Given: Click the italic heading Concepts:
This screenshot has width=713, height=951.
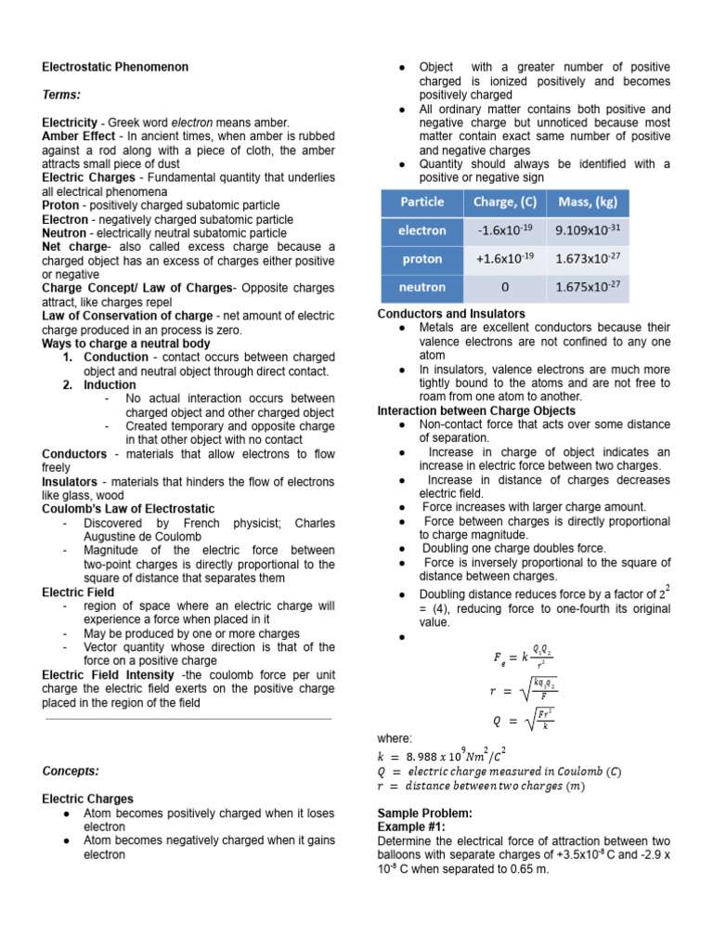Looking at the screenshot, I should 73,771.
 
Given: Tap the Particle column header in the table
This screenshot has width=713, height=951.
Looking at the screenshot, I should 421,202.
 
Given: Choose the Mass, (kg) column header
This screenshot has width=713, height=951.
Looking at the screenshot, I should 588,202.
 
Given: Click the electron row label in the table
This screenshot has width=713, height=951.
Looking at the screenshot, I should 421,230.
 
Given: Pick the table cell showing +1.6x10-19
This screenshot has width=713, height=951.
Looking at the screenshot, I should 503,259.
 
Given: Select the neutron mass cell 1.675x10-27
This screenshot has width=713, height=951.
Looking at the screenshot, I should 588,288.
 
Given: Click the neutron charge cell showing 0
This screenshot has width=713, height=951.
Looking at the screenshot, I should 503,288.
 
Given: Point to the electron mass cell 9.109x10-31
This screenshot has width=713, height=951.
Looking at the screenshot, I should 588,230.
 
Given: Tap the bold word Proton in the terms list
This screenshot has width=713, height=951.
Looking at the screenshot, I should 61,205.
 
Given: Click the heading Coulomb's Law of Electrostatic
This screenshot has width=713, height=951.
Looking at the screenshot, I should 128,509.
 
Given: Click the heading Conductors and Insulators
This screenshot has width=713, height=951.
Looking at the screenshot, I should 451,314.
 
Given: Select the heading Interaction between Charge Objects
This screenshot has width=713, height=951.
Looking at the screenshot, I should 476,410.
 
